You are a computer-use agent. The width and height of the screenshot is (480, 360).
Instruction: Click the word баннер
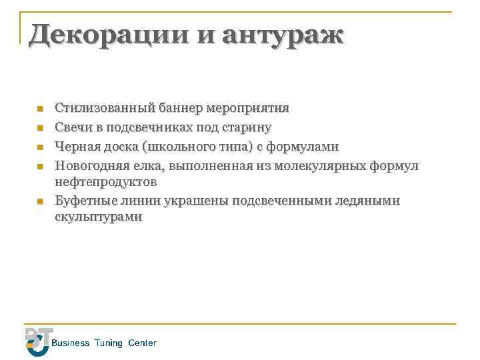point(180,107)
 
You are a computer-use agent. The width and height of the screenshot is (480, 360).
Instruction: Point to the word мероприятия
point(248,107)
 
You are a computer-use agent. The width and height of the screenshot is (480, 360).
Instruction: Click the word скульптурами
point(98,217)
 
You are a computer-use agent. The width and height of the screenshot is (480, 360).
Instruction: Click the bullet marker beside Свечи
point(40,127)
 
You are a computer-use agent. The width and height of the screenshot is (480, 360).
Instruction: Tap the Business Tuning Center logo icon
point(37,341)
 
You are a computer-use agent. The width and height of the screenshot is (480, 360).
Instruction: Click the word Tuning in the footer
point(109,343)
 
